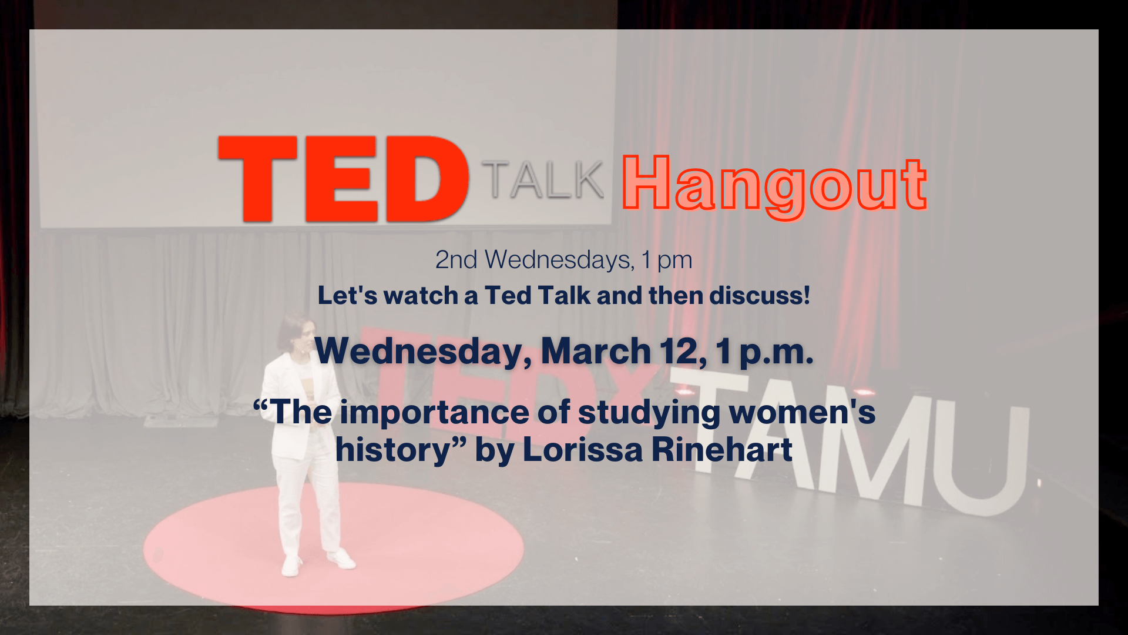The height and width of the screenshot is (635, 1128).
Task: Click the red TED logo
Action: click(x=344, y=179)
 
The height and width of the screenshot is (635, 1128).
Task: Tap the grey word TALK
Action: click(x=543, y=179)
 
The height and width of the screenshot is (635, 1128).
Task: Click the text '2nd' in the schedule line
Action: click(x=456, y=259)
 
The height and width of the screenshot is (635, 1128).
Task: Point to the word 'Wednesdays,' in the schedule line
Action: click(x=560, y=260)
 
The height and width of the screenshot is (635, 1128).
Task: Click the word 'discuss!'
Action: click(x=760, y=295)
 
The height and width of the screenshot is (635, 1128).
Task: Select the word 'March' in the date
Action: click(x=596, y=351)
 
